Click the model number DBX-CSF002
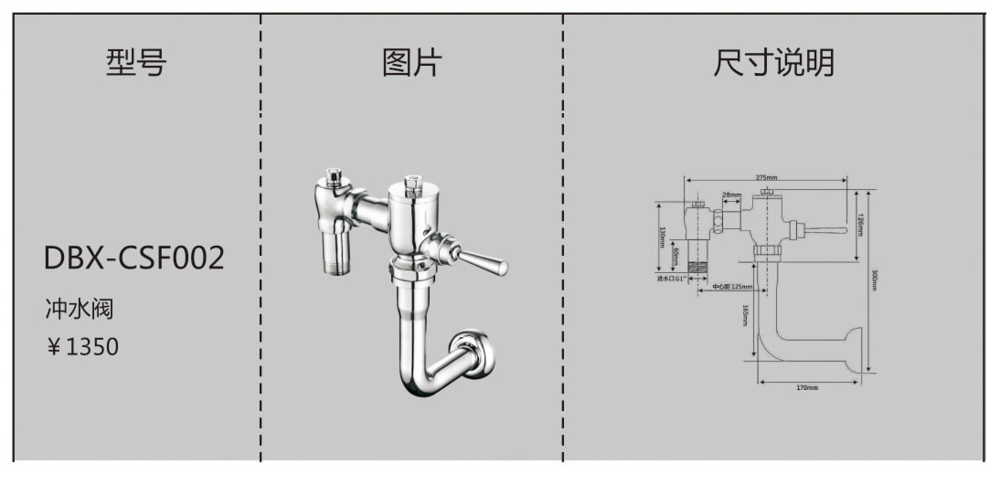click(133, 258)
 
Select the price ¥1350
click(82, 347)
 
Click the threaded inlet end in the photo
click(340, 267)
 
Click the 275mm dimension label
click(767, 177)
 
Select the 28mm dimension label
click(731, 195)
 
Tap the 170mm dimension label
click(806, 388)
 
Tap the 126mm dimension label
click(860, 220)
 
